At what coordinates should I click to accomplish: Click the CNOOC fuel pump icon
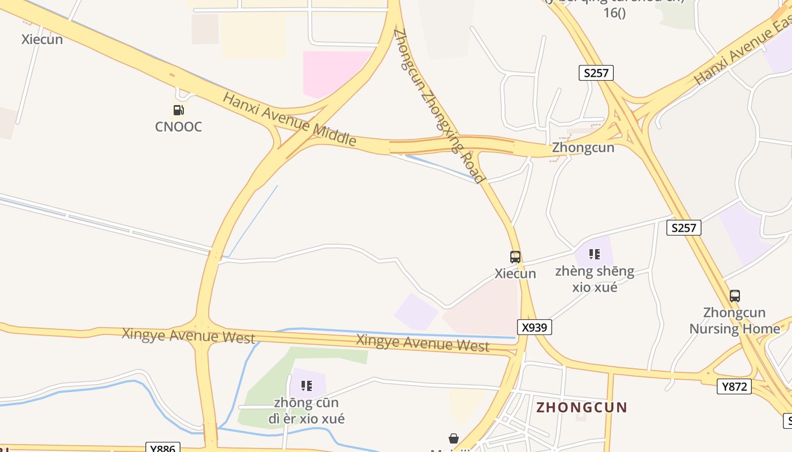click(178, 110)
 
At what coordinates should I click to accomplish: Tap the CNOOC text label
click(178, 127)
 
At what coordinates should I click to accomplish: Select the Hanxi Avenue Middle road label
click(290, 119)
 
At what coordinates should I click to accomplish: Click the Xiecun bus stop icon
click(515, 257)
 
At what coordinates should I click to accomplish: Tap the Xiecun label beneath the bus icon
click(515, 273)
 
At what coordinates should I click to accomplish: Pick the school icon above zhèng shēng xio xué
click(594, 254)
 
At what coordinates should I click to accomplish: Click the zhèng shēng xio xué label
click(595, 279)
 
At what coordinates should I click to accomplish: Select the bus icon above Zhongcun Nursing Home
click(734, 295)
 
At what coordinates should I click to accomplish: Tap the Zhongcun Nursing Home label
click(734, 320)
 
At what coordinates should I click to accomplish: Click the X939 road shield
click(534, 327)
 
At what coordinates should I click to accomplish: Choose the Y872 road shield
click(734, 386)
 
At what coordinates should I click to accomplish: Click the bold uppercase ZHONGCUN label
click(582, 407)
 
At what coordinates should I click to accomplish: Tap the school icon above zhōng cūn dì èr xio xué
click(306, 386)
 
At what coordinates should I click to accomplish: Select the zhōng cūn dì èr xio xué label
click(306, 411)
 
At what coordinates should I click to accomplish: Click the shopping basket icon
click(453, 438)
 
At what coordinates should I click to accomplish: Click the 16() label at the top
click(614, 12)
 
